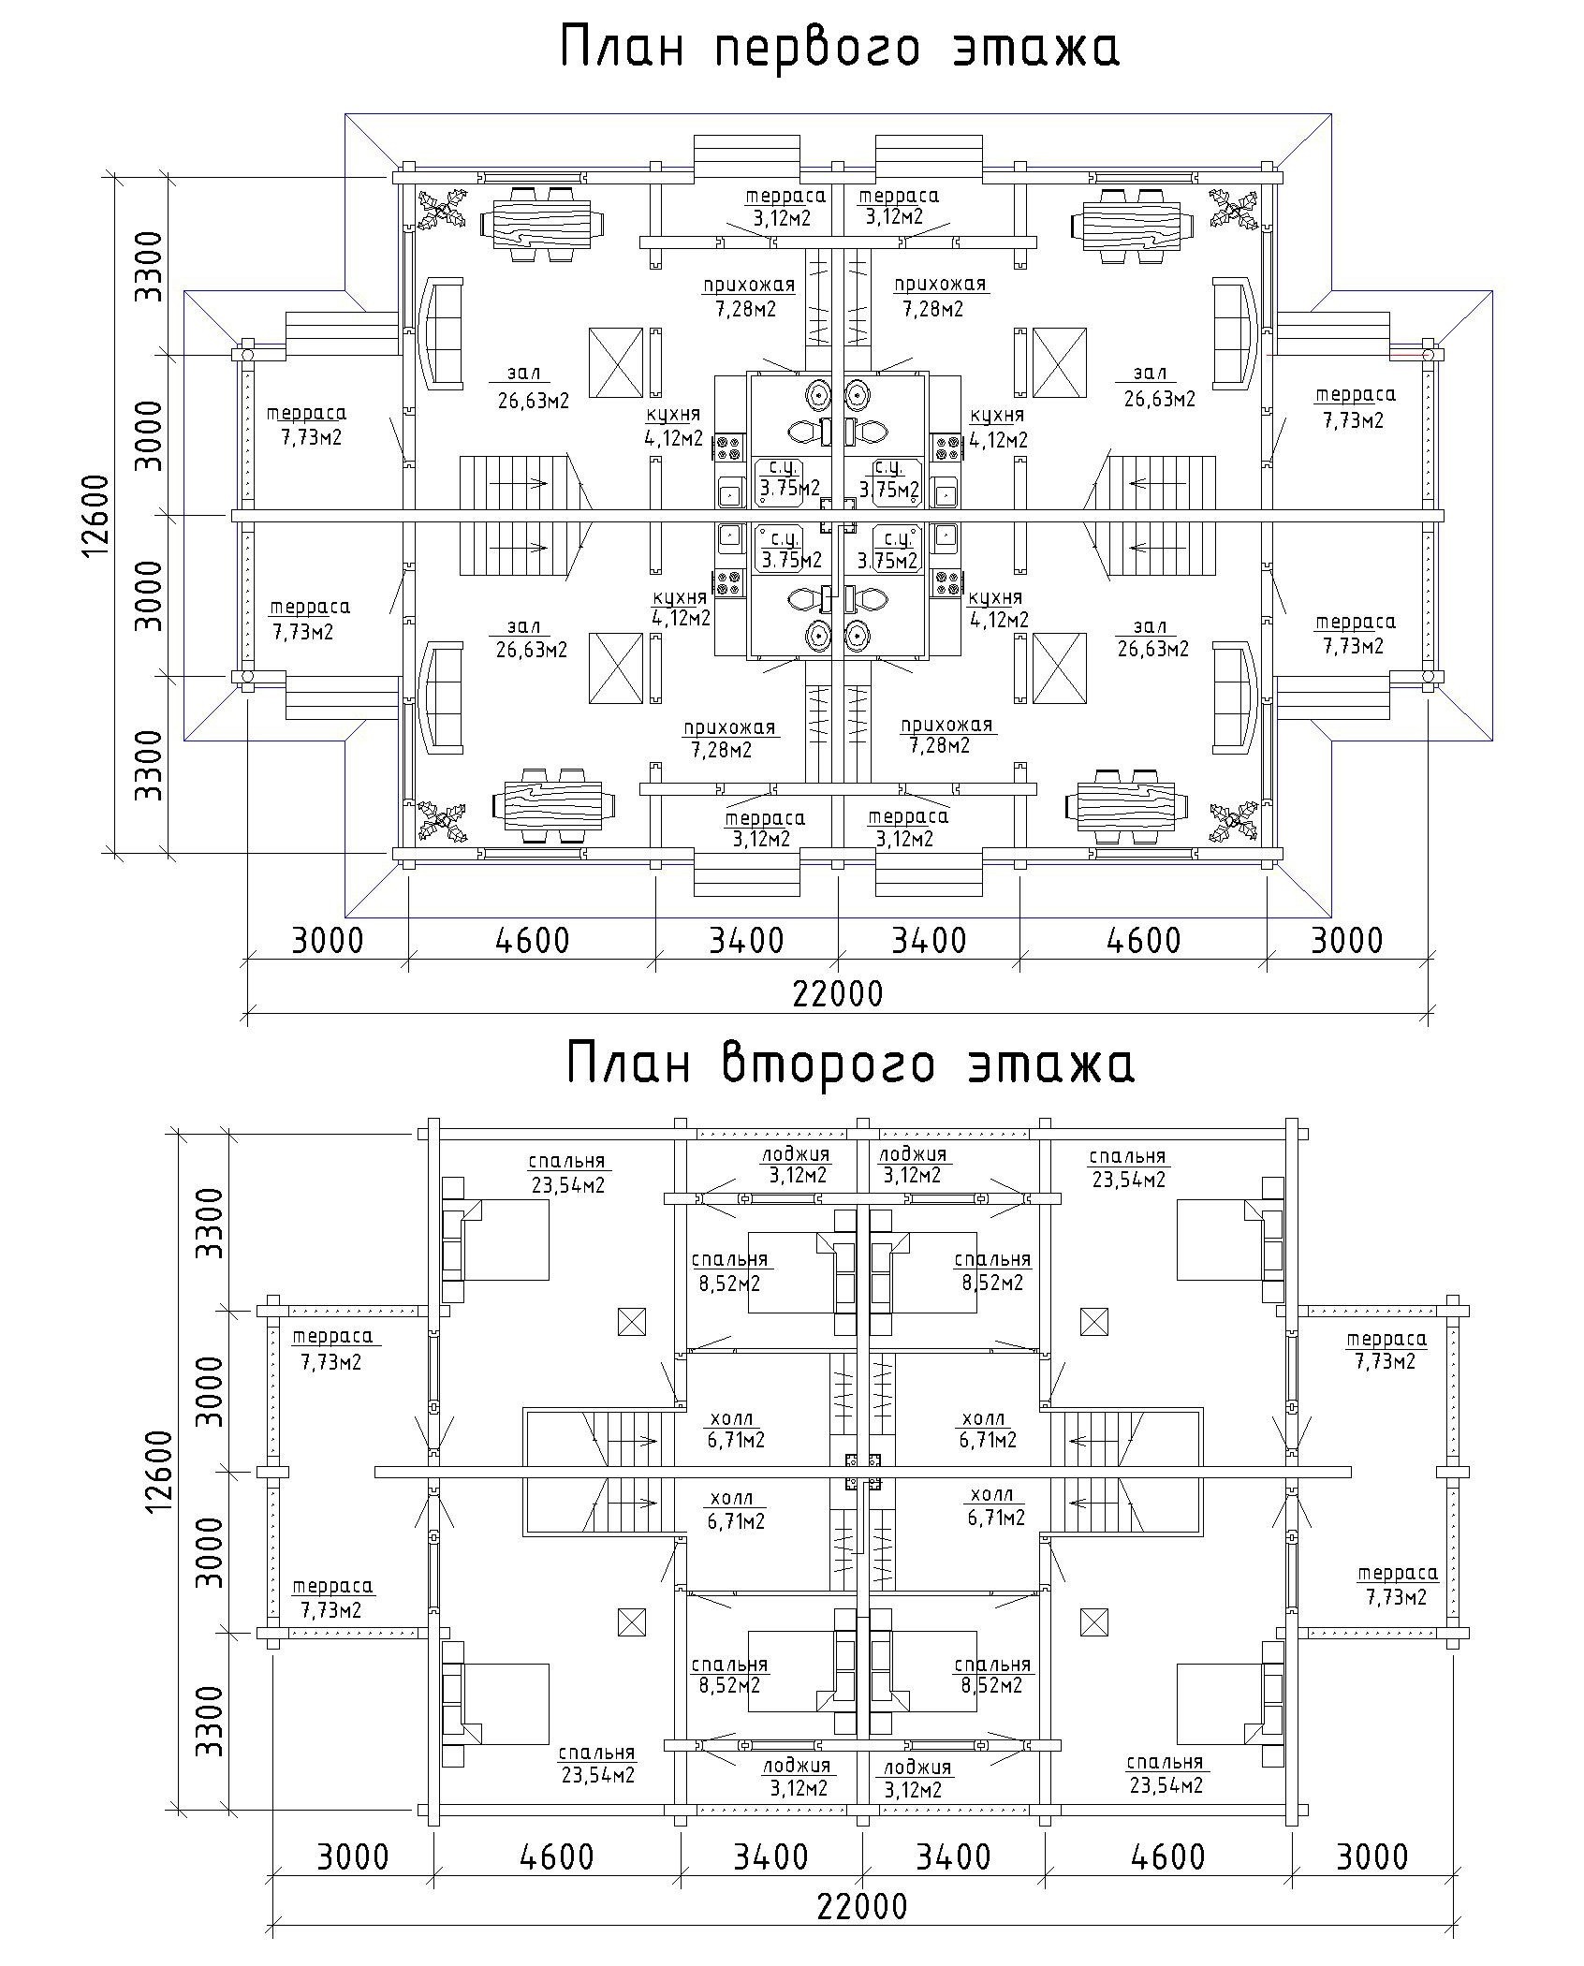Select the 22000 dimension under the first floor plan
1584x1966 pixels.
(837, 993)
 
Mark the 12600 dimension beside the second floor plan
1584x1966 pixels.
(160, 1472)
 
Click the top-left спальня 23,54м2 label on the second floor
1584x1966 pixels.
(567, 1172)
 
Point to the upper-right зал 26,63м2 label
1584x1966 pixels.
(1158, 388)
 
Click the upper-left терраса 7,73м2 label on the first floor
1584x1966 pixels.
(306, 424)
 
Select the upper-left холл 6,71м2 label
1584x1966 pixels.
(736, 1430)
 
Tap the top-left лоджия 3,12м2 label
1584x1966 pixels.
(797, 1164)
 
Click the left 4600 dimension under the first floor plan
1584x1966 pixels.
(533, 939)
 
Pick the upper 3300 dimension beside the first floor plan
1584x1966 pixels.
(148, 265)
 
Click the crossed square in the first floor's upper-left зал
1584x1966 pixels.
(616, 362)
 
